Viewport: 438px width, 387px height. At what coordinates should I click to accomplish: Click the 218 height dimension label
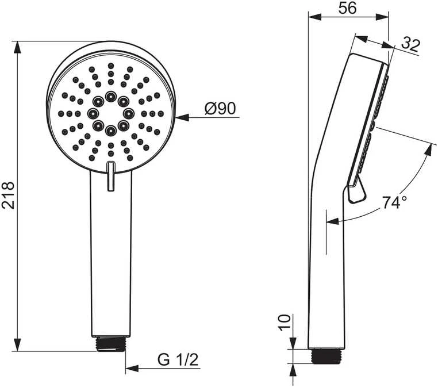7,196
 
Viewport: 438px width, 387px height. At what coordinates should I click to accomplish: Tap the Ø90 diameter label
220,109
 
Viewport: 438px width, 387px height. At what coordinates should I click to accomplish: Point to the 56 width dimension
348,8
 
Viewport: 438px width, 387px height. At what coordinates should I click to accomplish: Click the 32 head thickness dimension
410,45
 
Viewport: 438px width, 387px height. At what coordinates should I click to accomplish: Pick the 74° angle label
394,202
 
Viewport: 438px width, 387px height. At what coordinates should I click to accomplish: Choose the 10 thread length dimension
285,323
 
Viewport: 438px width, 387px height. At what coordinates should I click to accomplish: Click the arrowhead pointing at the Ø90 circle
182,117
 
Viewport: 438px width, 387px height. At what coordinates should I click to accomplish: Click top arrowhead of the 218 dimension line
17,48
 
